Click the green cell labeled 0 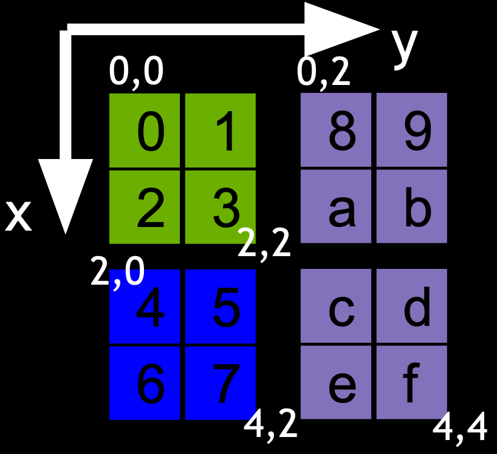[145, 130]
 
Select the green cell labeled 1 [220, 130]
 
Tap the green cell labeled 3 [220, 207]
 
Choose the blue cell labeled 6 [145, 382]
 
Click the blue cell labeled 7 [220, 382]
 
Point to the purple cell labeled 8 [336, 130]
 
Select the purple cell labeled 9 [412, 130]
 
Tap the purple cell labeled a [336, 206]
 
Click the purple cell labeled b [412, 206]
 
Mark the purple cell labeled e [336, 382]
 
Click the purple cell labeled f [412, 382]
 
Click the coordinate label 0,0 [136, 72]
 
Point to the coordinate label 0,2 [324, 72]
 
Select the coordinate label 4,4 [460, 429]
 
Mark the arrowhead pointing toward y [340, 28]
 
